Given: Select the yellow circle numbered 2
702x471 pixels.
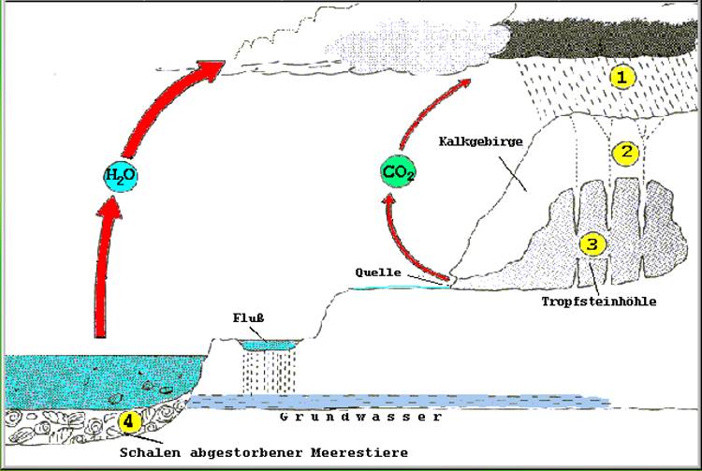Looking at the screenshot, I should point(623,151).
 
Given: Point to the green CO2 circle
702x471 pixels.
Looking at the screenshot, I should point(398,172).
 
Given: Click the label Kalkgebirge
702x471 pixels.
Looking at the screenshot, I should point(478,140).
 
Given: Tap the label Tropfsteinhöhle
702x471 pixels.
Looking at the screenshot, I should point(599,302).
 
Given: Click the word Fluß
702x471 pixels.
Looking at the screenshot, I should point(248,316).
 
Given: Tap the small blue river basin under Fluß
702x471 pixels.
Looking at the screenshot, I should point(267,346).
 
